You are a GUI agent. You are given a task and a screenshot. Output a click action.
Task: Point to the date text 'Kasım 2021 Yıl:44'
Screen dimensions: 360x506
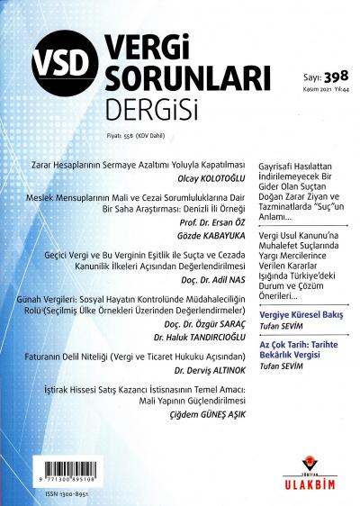point(327,91)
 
